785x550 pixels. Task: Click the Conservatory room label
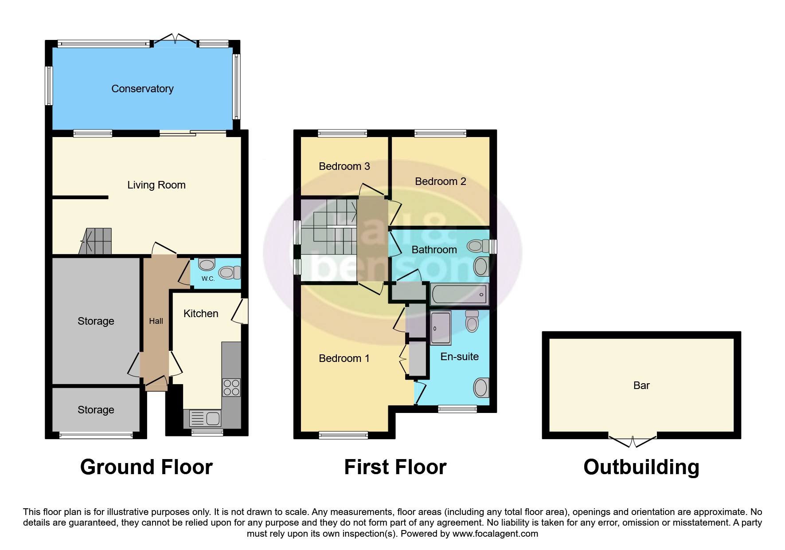click(142, 89)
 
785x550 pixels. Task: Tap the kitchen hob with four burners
click(231, 387)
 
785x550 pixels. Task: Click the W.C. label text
click(208, 279)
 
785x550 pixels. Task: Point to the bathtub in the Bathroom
click(459, 295)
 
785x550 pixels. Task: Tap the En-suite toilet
click(472, 321)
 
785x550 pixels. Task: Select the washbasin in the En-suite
click(481, 388)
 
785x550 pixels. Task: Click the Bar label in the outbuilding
click(641, 385)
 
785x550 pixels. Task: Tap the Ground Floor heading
click(146, 467)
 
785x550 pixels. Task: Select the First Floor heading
click(395, 467)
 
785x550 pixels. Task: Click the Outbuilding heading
click(641, 467)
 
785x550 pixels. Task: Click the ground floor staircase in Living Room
click(97, 241)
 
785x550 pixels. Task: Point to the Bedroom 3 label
click(344, 166)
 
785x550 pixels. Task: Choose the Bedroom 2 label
click(440, 181)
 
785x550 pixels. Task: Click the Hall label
click(156, 321)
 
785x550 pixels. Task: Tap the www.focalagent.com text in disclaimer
click(495, 534)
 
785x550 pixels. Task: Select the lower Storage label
click(96, 410)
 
